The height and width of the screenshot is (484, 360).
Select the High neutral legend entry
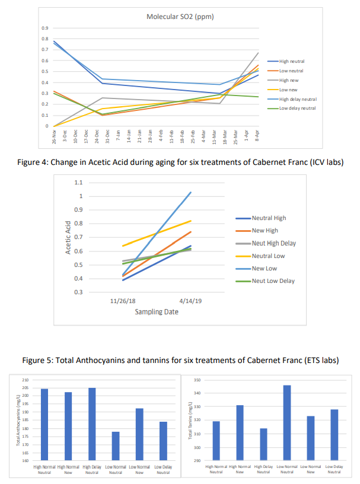291,61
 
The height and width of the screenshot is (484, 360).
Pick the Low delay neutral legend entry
297,108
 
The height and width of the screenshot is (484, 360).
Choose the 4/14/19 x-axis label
190,301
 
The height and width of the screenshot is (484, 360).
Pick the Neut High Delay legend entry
273,243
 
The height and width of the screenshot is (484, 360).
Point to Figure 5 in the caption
38,360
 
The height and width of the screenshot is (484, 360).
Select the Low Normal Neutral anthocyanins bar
116,446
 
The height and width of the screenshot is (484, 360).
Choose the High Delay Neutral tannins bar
263,444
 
